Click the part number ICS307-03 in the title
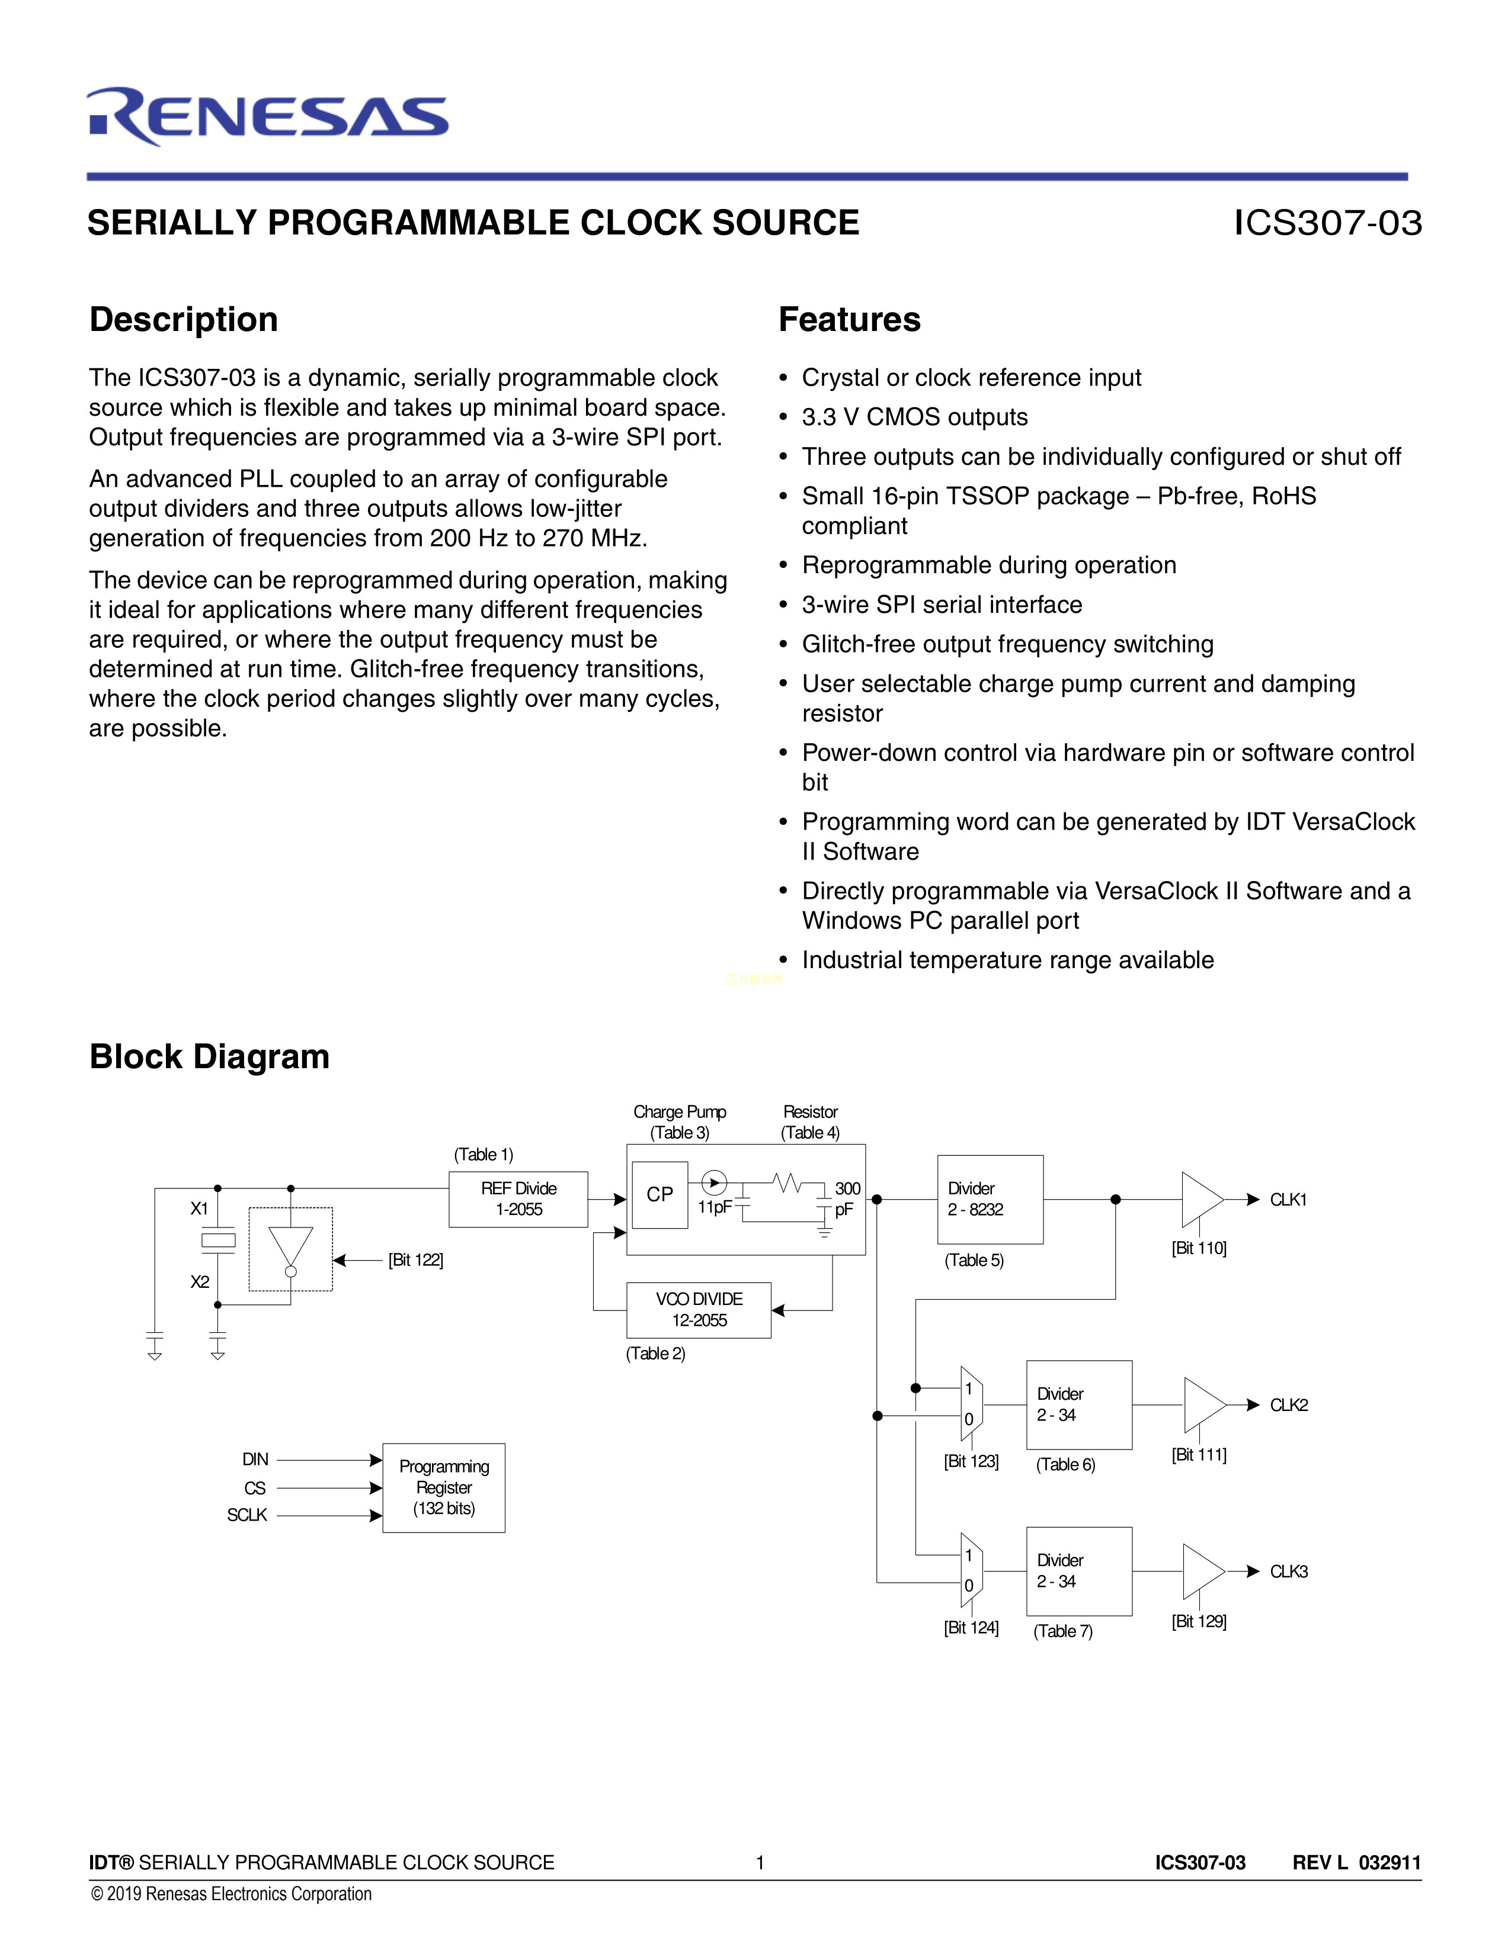click(1327, 223)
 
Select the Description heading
click(184, 319)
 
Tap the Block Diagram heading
click(209, 1056)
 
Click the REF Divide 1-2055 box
click(518, 1199)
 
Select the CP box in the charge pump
click(660, 1194)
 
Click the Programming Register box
click(444, 1487)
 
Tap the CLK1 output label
click(1288, 1200)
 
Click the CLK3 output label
click(1288, 1572)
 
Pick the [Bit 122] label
click(415, 1259)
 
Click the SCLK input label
click(247, 1515)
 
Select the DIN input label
click(255, 1459)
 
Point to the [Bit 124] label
click(971, 1627)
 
